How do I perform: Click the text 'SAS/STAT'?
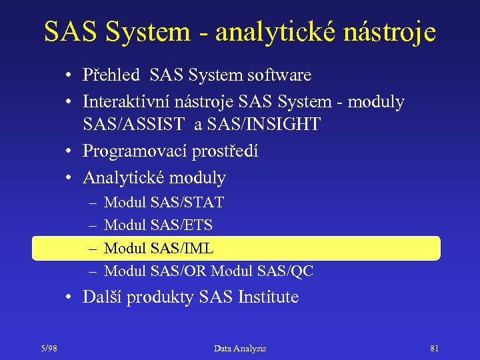[187, 202]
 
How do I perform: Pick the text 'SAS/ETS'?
[182, 225]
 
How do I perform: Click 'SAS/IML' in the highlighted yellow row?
[182, 249]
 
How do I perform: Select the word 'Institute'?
[268, 297]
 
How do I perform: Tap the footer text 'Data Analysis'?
[240, 348]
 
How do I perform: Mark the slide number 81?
[435, 348]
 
